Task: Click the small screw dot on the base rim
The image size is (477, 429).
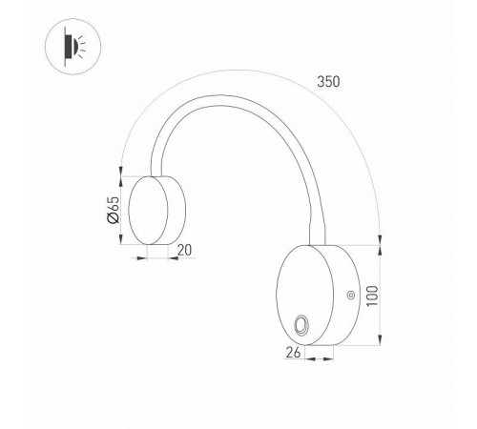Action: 350,296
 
